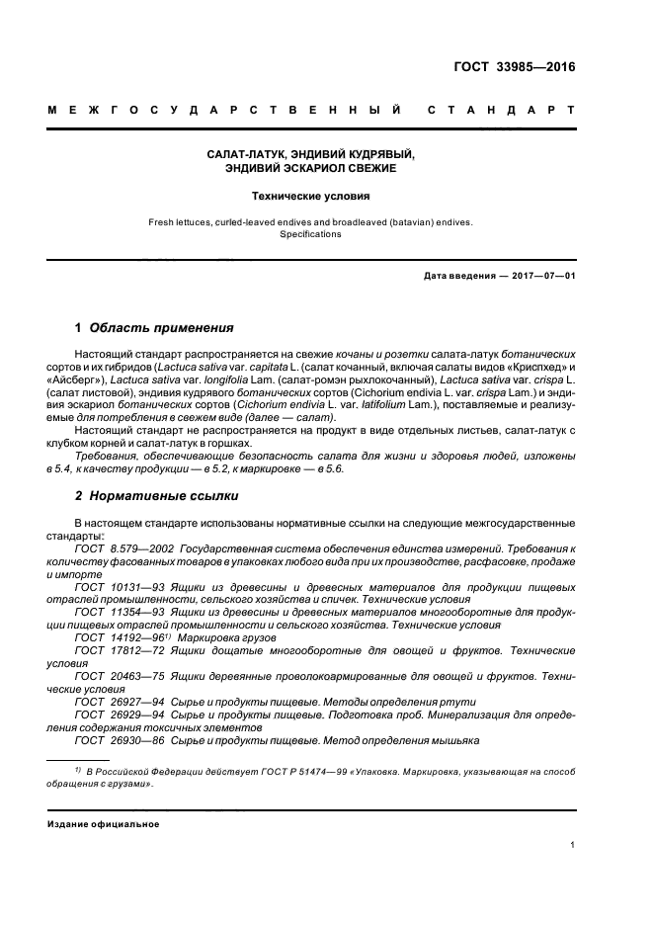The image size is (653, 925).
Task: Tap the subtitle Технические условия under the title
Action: (311, 196)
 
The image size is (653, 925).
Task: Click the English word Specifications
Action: (311, 234)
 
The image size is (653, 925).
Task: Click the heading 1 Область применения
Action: (155, 327)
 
